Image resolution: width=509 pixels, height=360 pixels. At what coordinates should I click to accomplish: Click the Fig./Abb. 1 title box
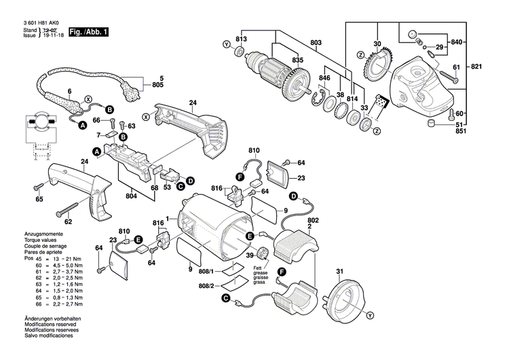88,32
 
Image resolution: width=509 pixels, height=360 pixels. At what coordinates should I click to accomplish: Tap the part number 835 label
297,60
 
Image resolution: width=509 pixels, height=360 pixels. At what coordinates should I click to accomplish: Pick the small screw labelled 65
36,186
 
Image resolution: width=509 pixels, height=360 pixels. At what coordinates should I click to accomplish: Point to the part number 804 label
131,196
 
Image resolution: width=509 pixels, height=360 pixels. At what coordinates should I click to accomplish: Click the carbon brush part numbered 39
261,253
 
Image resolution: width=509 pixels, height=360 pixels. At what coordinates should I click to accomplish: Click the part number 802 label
313,221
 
